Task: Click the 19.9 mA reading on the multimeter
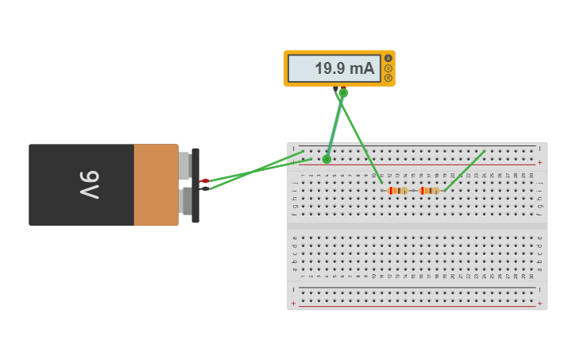(344, 69)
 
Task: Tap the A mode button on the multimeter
(389, 58)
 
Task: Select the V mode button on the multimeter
(389, 68)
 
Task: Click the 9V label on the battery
(89, 185)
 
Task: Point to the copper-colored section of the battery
(156, 185)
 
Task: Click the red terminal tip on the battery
(205, 181)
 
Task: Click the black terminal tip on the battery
(205, 188)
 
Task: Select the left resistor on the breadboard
(397, 191)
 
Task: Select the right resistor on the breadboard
(429, 191)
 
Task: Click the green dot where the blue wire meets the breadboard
(327, 160)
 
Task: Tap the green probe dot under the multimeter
(343, 93)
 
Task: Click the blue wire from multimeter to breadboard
(334, 127)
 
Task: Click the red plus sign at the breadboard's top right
(540, 162)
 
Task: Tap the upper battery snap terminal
(184, 165)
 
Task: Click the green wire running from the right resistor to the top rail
(465, 170)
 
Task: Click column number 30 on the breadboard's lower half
(532, 276)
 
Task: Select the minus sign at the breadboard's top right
(540, 148)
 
